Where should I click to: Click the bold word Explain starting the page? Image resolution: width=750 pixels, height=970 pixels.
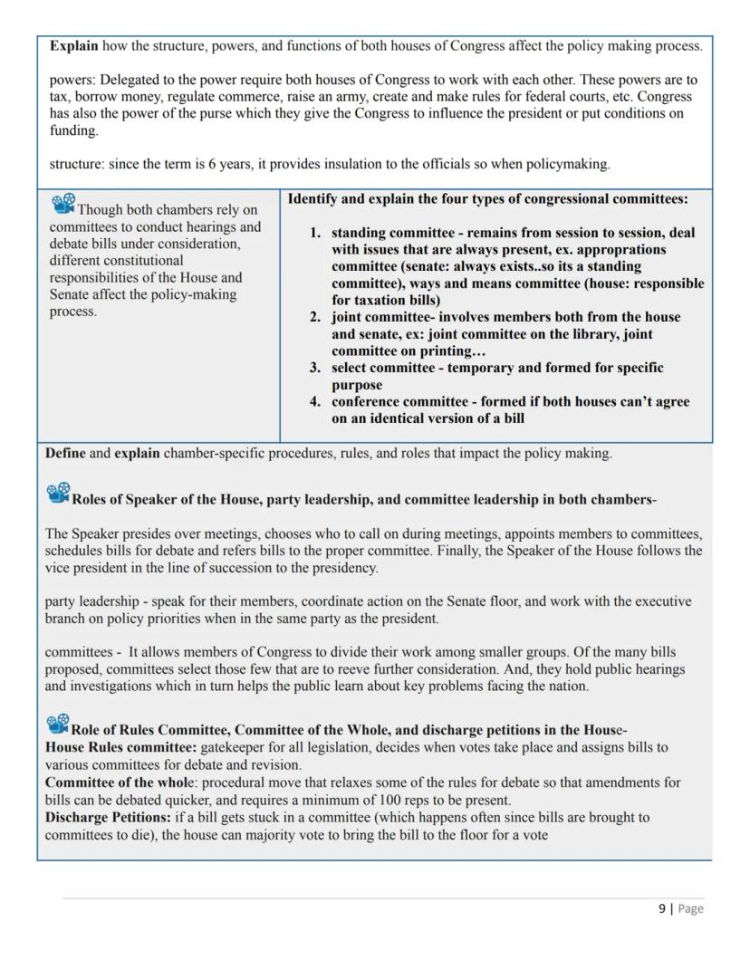point(73,45)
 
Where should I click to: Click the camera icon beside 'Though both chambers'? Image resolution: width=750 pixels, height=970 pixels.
point(62,205)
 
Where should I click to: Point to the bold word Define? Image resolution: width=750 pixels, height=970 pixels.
point(65,453)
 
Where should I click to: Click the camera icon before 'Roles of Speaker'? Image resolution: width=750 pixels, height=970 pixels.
point(57,494)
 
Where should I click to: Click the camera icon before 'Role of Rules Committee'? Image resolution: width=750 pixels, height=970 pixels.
point(57,724)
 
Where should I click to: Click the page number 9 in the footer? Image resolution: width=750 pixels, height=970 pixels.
point(661,908)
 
